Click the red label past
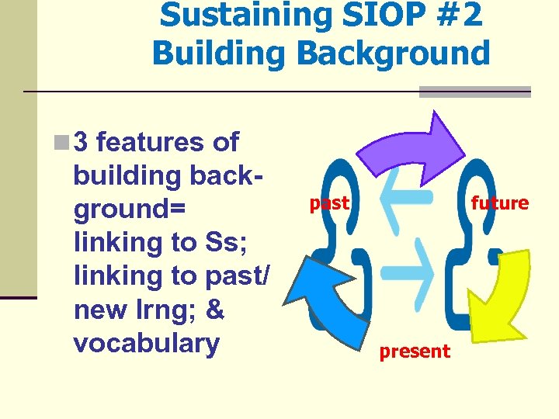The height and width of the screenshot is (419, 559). coord(329,204)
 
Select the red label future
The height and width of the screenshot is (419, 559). coord(499,203)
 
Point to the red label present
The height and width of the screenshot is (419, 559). coord(414,351)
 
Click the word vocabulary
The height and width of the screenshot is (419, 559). coord(146,344)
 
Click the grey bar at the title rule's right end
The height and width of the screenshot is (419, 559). coord(474,92)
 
